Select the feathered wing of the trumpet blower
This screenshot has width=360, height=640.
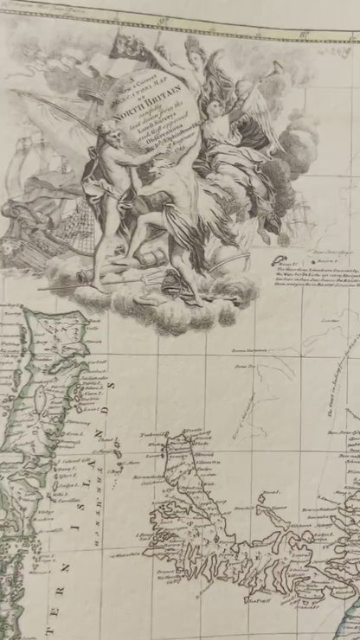click(264, 121)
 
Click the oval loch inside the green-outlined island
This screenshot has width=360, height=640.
click(40, 399)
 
